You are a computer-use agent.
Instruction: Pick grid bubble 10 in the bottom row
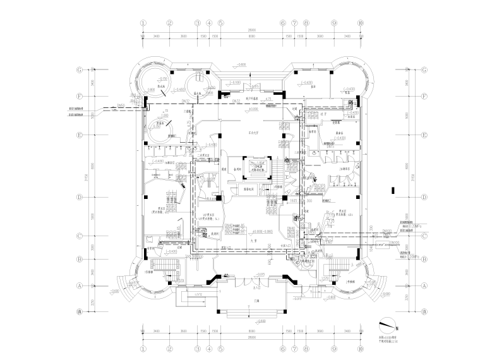click(360, 347)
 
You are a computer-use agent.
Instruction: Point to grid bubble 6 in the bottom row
click(283, 347)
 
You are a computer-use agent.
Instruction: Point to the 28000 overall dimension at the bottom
click(251, 337)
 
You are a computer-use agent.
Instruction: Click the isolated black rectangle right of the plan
click(393, 189)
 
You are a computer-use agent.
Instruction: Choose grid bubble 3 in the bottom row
click(197, 347)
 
